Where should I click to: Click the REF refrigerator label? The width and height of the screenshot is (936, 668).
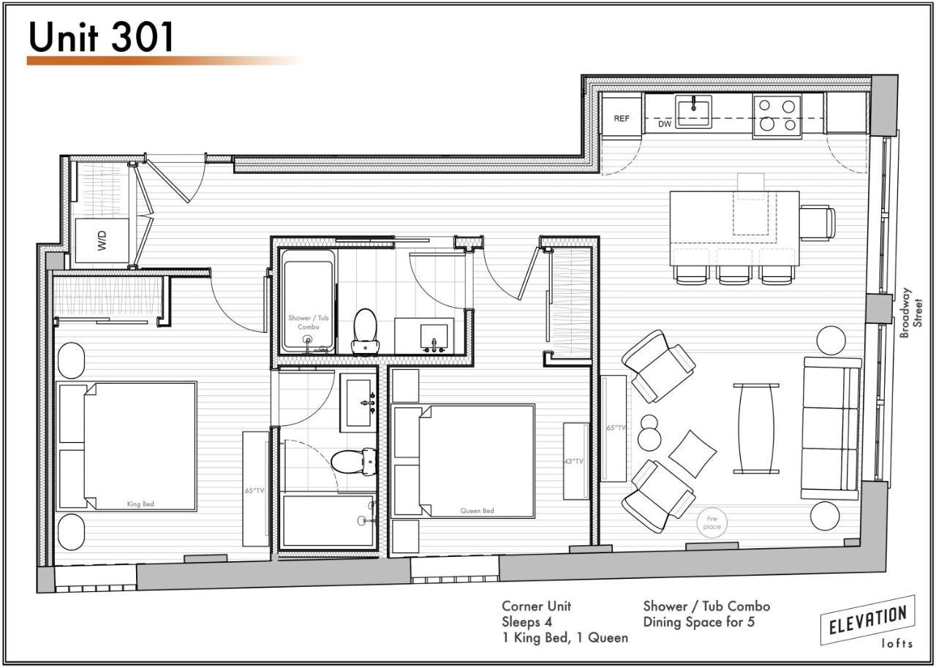[622, 118]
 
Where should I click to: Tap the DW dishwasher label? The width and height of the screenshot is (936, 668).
[665, 124]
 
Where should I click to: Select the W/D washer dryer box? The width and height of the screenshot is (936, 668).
[102, 241]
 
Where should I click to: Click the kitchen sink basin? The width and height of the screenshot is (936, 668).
[693, 112]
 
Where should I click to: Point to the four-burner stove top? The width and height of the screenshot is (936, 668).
[777, 115]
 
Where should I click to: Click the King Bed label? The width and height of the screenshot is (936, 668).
[140, 504]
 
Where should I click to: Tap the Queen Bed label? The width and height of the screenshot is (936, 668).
[477, 511]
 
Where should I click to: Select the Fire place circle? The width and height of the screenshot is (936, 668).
[712, 523]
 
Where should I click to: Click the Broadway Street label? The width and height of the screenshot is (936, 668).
[912, 312]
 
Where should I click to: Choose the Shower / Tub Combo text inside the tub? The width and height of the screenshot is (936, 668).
[309, 322]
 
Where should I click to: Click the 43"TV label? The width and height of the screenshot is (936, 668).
[573, 461]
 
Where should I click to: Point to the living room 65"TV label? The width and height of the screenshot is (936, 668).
[616, 428]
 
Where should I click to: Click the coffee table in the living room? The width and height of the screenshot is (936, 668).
[756, 428]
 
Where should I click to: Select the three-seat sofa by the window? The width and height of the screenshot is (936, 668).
[831, 428]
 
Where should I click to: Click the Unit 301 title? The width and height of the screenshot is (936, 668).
[101, 37]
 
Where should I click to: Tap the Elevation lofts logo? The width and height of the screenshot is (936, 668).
[868, 623]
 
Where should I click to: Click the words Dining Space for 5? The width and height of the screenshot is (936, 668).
[698, 622]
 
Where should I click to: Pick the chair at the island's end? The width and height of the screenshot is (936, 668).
[818, 222]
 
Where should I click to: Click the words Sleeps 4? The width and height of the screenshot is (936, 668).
[526, 622]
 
